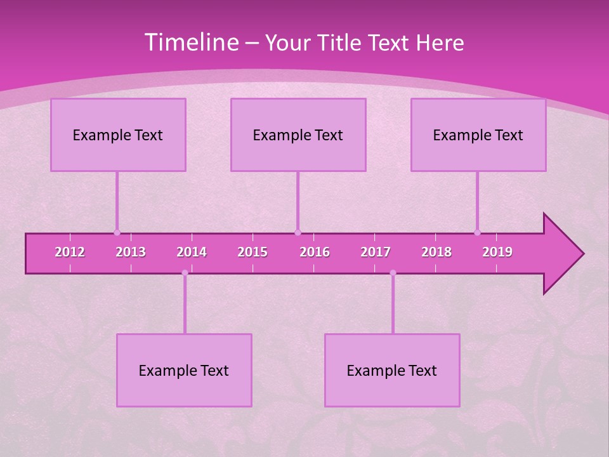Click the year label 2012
(70, 252)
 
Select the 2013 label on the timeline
(131, 252)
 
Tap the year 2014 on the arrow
(192, 252)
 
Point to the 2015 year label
(252, 252)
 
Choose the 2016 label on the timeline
(315, 252)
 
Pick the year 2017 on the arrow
(376, 252)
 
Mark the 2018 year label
(436, 252)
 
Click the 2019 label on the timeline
(497, 252)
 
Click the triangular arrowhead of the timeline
(561, 254)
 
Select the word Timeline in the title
(191, 43)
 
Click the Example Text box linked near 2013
(118, 135)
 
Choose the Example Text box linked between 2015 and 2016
(298, 135)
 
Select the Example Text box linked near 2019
(478, 135)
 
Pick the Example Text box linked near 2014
(184, 370)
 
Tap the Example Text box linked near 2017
(392, 370)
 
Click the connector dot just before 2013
(117, 232)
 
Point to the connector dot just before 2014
(185, 273)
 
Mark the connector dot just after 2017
(393, 273)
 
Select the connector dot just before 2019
(477, 232)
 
